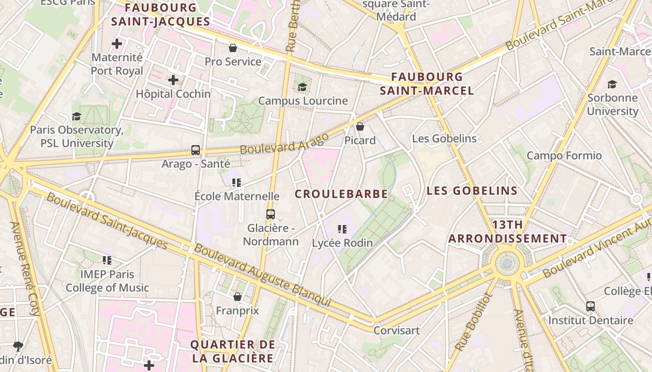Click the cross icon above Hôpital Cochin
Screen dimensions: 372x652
coord(173,80)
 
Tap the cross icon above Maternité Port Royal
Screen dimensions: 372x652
coord(117,44)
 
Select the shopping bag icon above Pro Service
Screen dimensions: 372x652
coord(233,48)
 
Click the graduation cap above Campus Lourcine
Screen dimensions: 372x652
coord(302,87)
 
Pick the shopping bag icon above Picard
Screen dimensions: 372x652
coord(360,126)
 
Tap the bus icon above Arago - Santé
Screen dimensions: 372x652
coord(196,150)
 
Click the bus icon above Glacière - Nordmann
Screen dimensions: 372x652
coord(271,214)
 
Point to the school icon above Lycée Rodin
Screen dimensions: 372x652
coord(342,229)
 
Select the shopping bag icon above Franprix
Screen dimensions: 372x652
coord(238,297)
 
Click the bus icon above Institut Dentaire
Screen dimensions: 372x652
coord(591,306)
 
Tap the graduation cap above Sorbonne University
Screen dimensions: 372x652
coord(612,84)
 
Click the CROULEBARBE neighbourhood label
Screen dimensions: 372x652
coord(341,194)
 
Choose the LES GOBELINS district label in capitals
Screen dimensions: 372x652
coord(472,191)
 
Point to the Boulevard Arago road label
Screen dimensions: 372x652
coord(285,144)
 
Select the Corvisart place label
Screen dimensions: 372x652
coord(396,331)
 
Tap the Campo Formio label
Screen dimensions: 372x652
coord(564,155)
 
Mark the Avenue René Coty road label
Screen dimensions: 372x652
coord(26,268)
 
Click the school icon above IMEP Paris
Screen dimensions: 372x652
coord(107,260)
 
